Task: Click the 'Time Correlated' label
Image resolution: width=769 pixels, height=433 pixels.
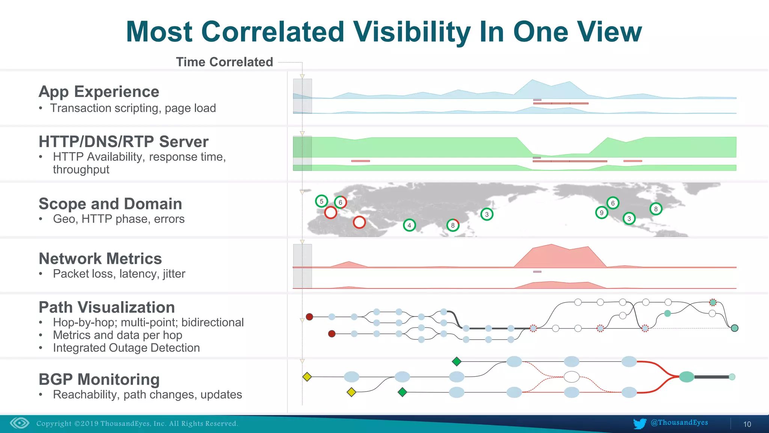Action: (224, 62)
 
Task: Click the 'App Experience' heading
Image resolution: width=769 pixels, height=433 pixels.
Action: (99, 92)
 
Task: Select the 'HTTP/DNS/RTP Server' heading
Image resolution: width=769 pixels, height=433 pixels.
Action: (123, 142)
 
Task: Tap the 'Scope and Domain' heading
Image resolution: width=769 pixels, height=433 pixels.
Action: (110, 204)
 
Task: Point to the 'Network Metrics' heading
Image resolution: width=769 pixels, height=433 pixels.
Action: (100, 259)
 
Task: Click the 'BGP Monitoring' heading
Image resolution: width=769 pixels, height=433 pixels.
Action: (99, 379)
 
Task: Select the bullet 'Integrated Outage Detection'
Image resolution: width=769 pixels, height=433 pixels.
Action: (126, 348)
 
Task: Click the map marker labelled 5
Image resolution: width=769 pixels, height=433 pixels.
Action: (321, 201)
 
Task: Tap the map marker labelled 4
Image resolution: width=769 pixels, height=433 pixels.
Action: (409, 225)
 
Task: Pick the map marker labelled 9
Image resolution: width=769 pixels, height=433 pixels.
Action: (602, 213)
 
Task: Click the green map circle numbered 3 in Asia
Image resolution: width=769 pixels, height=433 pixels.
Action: (487, 214)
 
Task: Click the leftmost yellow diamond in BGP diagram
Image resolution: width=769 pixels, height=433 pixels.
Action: (307, 377)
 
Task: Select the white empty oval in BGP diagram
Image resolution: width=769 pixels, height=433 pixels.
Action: (571, 377)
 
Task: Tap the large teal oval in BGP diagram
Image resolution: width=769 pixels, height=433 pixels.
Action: (686, 377)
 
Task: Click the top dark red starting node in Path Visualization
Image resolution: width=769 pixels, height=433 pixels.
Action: (309, 317)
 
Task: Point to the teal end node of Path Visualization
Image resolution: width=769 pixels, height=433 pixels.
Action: (735, 328)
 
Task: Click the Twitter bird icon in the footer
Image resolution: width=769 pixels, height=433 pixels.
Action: (639, 424)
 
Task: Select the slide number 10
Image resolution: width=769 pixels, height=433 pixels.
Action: (747, 424)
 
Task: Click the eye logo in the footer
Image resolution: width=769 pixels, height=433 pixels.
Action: (20, 423)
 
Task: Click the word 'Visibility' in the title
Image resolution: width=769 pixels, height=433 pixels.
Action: (412, 32)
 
